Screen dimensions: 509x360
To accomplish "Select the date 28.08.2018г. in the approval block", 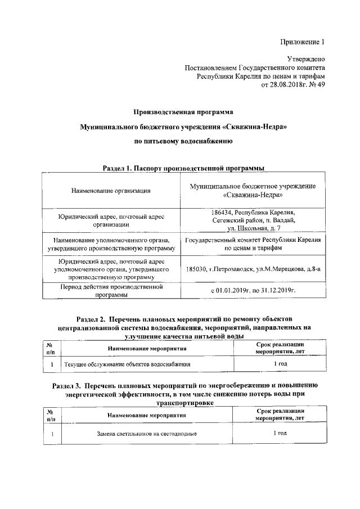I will point(286,84).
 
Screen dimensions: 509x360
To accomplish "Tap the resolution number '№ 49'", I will point(315,84).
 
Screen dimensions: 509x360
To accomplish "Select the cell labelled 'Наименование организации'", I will point(111,191).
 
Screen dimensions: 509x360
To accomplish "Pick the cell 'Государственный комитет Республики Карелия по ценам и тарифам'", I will point(253,244).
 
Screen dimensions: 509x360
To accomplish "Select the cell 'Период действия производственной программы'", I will point(111,290).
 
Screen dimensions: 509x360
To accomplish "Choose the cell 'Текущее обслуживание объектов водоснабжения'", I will point(127,364).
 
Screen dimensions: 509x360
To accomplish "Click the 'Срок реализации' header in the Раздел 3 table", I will point(280,412).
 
